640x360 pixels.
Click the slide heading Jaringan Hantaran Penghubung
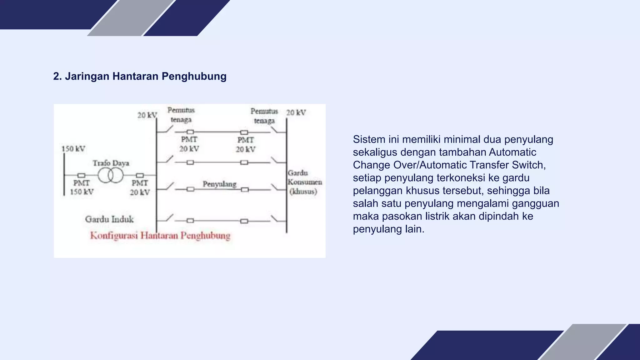pos(140,76)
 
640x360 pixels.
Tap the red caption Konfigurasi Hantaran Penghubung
pos(160,236)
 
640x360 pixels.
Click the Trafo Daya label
pos(111,163)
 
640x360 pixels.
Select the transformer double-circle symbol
pos(111,176)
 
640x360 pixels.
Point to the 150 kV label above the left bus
pos(73,149)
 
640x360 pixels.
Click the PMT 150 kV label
pos(82,187)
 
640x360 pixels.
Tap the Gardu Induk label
pos(109,219)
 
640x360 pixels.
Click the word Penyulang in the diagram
pos(219,184)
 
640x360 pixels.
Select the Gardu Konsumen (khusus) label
pos(304,182)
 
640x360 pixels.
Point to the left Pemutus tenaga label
pos(181,115)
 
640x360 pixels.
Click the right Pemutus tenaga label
pos(264,116)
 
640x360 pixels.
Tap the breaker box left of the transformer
pos(81,176)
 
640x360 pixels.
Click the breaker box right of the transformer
pos(140,176)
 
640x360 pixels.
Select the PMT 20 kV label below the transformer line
pos(140,187)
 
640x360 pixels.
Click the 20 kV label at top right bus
pos(296,112)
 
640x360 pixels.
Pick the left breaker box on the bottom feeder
pos(190,221)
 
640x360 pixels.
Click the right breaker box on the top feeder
pos(244,132)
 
